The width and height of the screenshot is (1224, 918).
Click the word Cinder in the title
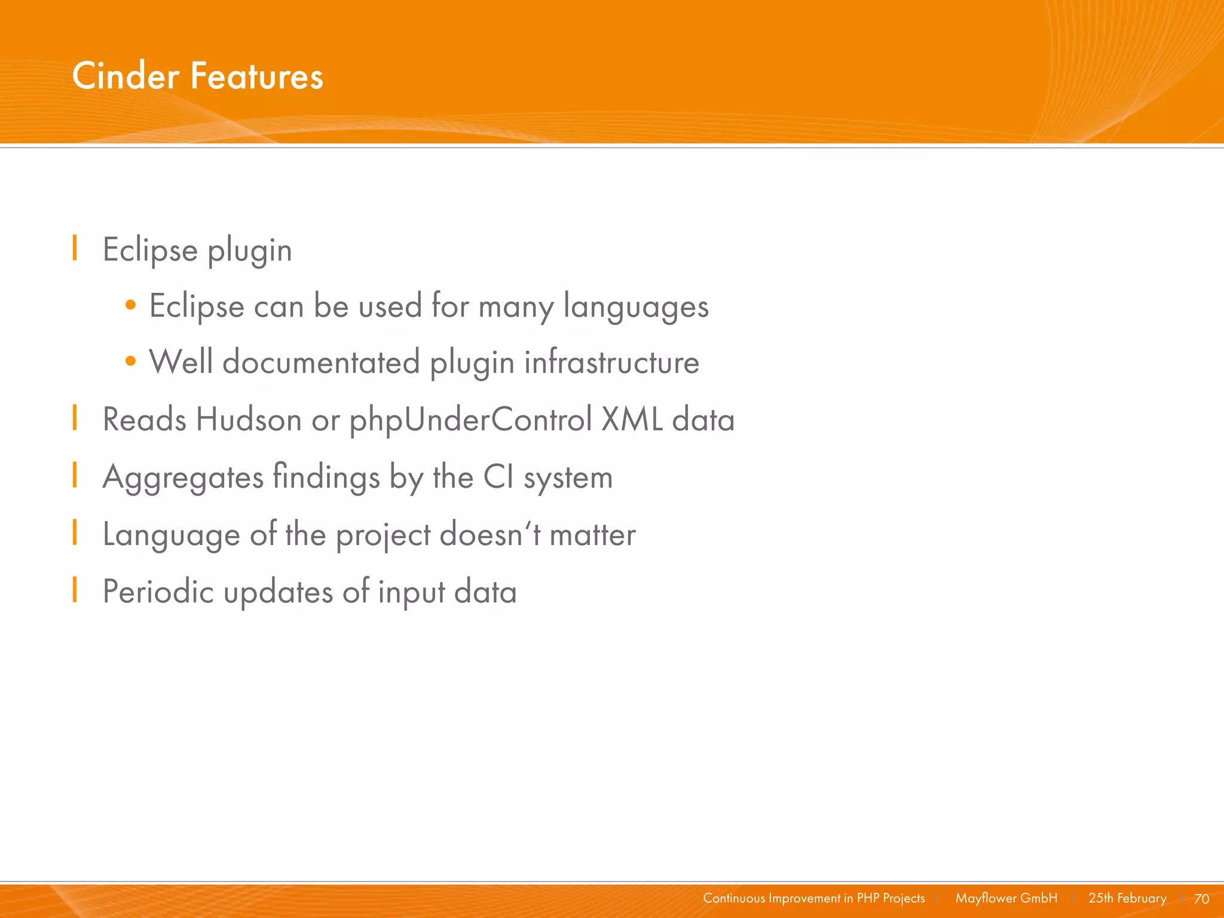point(126,76)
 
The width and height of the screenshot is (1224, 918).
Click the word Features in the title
point(257,76)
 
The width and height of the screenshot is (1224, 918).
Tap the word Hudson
point(249,420)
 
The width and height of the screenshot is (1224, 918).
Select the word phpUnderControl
point(471,420)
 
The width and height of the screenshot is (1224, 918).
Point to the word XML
point(632,420)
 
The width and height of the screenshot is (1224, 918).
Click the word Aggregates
point(183,478)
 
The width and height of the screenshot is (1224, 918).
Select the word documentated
point(321,362)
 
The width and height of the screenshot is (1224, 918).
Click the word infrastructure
point(611,362)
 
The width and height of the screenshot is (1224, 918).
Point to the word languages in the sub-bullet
point(636,307)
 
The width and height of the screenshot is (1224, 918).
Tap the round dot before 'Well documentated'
point(131,362)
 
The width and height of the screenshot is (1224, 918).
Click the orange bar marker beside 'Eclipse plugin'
point(75,248)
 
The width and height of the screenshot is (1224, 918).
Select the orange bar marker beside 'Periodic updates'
point(75,590)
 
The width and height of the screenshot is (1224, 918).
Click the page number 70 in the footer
point(1201,899)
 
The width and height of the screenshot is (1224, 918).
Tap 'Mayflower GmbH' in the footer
point(1006,898)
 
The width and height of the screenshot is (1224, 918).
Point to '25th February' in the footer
point(1127,898)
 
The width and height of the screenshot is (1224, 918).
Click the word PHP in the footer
point(868,898)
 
